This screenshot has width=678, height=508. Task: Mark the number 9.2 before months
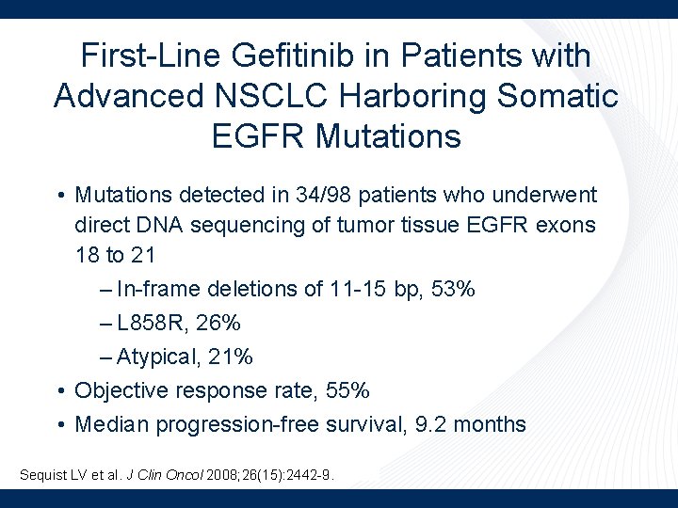click(430, 424)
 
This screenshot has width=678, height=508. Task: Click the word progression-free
click(238, 424)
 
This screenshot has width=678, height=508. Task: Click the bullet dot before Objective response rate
click(59, 390)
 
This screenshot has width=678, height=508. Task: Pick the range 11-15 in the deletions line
click(359, 289)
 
